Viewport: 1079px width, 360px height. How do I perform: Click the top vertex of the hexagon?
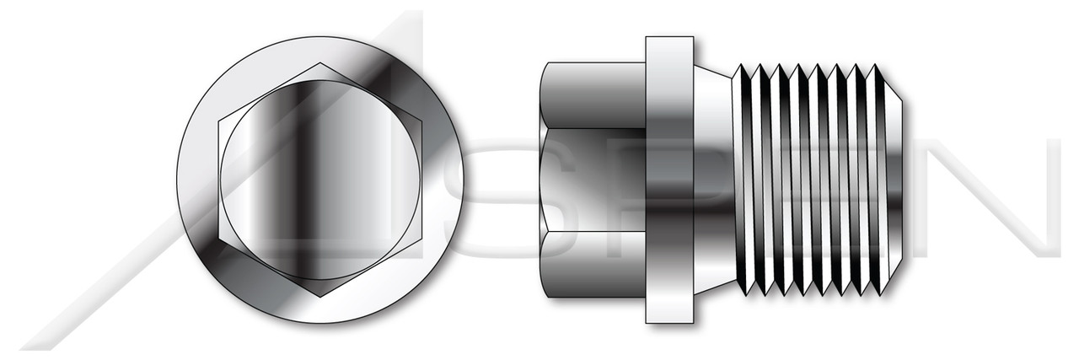tap(319, 63)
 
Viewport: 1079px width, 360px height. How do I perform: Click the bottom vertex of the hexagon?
tap(319, 296)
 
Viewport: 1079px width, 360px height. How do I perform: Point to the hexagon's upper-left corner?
tap(219, 121)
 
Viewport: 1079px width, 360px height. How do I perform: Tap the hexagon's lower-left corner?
tap(219, 238)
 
